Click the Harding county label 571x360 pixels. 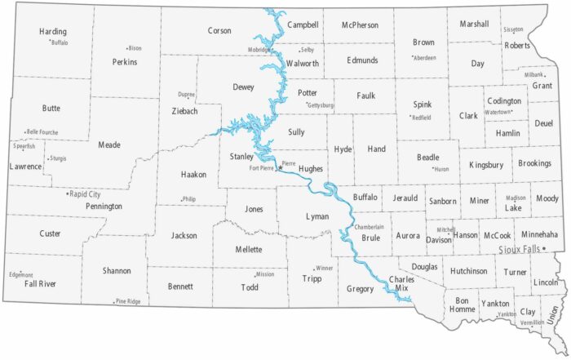pyautogui.click(x=53, y=32)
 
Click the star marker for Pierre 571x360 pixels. pyautogui.click(x=277, y=166)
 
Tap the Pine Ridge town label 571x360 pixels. pyautogui.click(x=128, y=301)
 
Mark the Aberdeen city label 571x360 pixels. pyautogui.click(x=425, y=58)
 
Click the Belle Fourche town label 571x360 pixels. pyautogui.click(x=42, y=131)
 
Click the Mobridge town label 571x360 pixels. pyautogui.click(x=260, y=50)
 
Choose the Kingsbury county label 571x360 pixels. pyautogui.click(x=486, y=165)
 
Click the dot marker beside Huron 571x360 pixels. pyautogui.click(x=432, y=168)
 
